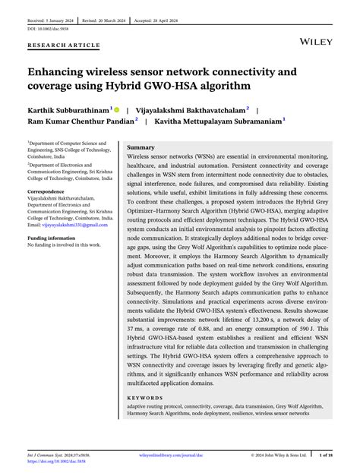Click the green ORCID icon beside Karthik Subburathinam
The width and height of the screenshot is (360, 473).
[118, 110]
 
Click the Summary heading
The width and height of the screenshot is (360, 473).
[141, 147]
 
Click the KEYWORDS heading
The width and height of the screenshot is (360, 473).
[145, 398]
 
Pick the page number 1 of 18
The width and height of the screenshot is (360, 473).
[324, 455]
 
